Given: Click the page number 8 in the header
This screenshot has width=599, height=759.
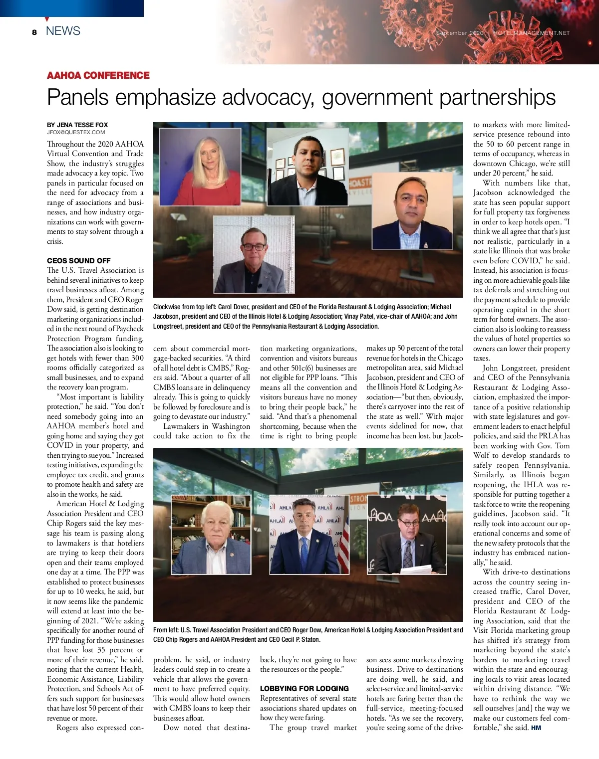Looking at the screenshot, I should coord(34,32).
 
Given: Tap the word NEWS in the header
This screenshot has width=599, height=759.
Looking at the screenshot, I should coord(63,31).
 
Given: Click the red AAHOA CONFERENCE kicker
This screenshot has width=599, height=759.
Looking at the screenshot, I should coord(98,75).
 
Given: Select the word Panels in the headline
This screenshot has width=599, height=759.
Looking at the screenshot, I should coord(77,97).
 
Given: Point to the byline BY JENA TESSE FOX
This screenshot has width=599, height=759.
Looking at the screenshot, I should coord(77,125).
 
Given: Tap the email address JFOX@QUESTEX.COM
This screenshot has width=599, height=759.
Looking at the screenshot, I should coord(76,132).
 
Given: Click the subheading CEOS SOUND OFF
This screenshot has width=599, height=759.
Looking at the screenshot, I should coord(79,260).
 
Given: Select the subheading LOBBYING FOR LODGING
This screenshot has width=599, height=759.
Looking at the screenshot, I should coord(304,688).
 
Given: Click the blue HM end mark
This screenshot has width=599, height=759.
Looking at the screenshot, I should coord(536,728).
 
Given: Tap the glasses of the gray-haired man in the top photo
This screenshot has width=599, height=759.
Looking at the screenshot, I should coord(254,247).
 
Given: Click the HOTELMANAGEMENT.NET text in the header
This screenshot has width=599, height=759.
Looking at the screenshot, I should coord(531,33).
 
